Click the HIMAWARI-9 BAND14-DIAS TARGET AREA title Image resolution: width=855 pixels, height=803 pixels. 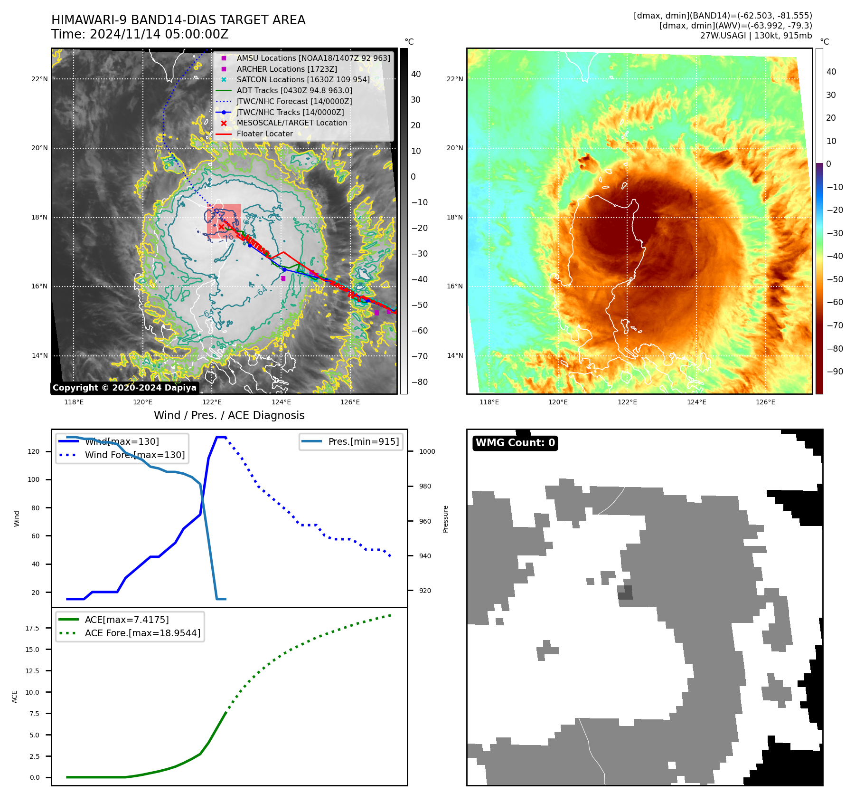[x=178, y=20]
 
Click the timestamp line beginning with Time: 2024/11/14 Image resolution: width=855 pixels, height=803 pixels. [x=140, y=35]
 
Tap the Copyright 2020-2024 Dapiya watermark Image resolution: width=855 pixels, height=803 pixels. [x=124, y=388]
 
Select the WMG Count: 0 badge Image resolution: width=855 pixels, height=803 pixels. [x=515, y=443]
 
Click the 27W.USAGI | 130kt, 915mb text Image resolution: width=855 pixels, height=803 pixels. [x=756, y=36]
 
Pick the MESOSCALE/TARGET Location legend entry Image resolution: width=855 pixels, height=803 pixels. [x=291, y=123]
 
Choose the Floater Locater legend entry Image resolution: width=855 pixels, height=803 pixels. [x=264, y=134]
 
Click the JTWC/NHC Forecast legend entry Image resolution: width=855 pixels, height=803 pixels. [x=294, y=102]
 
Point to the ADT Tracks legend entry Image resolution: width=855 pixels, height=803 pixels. [x=294, y=91]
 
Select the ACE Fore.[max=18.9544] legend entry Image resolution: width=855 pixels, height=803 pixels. [x=142, y=633]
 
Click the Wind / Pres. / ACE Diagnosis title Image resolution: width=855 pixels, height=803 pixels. [x=229, y=415]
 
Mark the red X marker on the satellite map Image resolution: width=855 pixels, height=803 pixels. [x=221, y=227]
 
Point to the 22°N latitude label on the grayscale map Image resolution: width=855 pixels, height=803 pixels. [x=39, y=79]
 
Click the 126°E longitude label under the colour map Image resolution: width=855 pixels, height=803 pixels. [x=765, y=402]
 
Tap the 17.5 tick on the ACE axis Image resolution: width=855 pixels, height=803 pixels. [x=32, y=628]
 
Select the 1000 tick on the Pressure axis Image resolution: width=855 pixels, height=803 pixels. [x=427, y=452]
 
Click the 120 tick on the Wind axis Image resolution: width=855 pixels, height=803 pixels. [x=34, y=452]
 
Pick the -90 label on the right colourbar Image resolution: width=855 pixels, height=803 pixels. [x=835, y=372]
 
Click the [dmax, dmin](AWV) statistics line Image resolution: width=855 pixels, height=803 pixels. [x=735, y=26]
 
